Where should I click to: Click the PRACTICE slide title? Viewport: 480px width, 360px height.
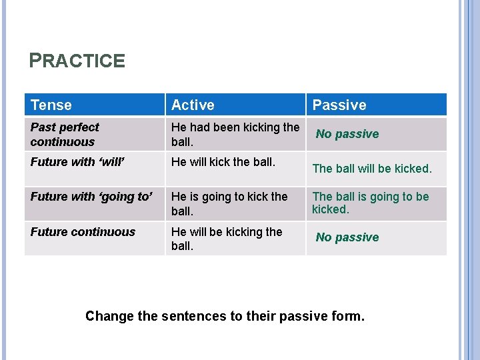coord(77,61)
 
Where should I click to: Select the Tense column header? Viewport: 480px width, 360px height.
coord(51,105)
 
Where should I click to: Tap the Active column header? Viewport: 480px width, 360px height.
coord(193,105)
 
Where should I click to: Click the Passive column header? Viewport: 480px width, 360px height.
coord(339,105)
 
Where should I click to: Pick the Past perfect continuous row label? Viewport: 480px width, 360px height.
coord(64,134)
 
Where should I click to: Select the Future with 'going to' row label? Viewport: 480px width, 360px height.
coord(91,197)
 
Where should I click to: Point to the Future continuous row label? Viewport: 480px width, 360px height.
coord(83,232)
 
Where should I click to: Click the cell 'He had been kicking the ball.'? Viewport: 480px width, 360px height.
coord(235,134)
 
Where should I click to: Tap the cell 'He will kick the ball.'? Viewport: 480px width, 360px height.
coord(223,161)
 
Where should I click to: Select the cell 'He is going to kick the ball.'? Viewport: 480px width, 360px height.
coord(229,203)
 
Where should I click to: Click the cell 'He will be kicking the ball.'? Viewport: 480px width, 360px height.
coord(227,239)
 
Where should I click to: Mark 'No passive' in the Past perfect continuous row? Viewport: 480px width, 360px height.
coord(347,134)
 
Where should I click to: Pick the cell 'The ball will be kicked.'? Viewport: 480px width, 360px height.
coord(372,169)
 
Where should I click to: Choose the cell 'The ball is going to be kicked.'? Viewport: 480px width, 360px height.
coord(370,203)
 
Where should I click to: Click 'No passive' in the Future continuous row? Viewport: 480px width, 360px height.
coord(347,237)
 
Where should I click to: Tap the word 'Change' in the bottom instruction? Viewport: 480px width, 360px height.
coord(109,316)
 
